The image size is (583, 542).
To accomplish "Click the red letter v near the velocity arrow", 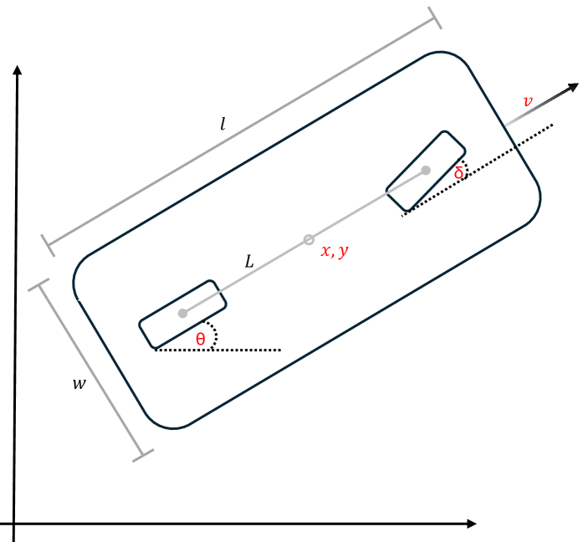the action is click(528, 101).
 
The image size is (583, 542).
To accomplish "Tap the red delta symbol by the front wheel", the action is click(459, 172).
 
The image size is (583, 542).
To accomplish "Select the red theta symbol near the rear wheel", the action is click(201, 339).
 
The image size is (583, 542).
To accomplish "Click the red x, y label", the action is click(335, 251).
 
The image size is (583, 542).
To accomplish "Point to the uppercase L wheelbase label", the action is click(249, 261).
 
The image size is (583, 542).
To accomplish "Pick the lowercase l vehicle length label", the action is click(222, 124).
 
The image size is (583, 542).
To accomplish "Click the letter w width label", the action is click(79, 384).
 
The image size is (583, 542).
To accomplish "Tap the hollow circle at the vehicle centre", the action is click(309, 239).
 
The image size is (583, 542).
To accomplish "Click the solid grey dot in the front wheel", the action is click(426, 171).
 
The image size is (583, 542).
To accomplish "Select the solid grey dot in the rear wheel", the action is click(182, 314).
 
